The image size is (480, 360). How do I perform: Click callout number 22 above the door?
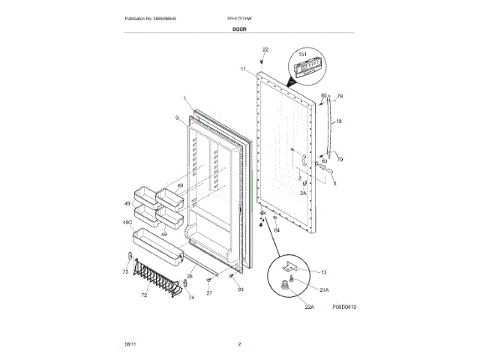(x=265, y=49)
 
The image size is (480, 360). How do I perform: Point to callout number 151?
(x=304, y=55)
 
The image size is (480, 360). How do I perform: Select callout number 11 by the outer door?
(x=243, y=68)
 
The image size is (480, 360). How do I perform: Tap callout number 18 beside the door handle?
(x=338, y=120)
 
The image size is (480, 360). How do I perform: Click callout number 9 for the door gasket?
(x=178, y=118)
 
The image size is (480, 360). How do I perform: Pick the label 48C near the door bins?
(x=127, y=223)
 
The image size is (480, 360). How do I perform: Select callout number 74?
(x=191, y=298)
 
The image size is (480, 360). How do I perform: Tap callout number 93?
(x=241, y=289)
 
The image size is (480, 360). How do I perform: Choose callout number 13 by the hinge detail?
(x=324, y=271)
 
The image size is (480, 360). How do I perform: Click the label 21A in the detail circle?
(x=324, y=289)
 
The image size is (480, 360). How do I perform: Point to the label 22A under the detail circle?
(x=288, y=306)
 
